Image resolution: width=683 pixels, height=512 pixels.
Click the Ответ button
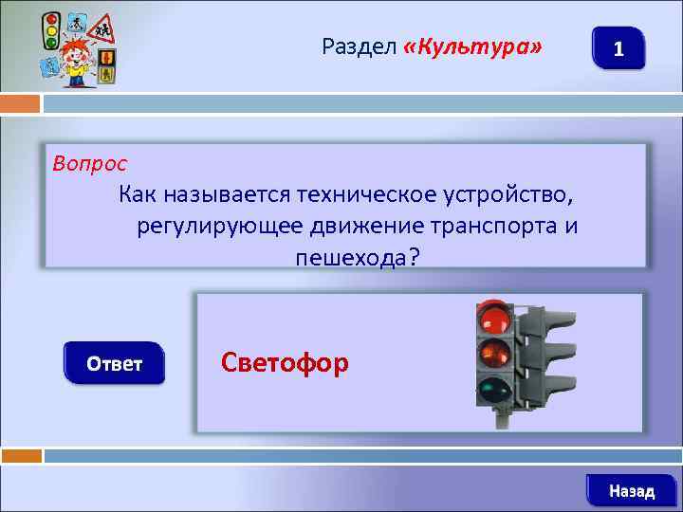(x=114, y=363)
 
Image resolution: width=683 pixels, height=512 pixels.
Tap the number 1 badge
(x=618, y=48)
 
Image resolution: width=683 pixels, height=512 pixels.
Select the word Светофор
(x=284, y=362)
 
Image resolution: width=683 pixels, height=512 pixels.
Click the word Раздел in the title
(x=359, y=46)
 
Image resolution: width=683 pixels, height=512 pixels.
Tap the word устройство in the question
(x=508, y=196)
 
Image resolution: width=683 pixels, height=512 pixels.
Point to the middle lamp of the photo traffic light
(x=494, y=353)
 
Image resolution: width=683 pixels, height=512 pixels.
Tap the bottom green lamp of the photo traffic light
(x=493, y=390)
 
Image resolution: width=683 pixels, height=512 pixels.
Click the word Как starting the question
(x=139, y=196)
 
